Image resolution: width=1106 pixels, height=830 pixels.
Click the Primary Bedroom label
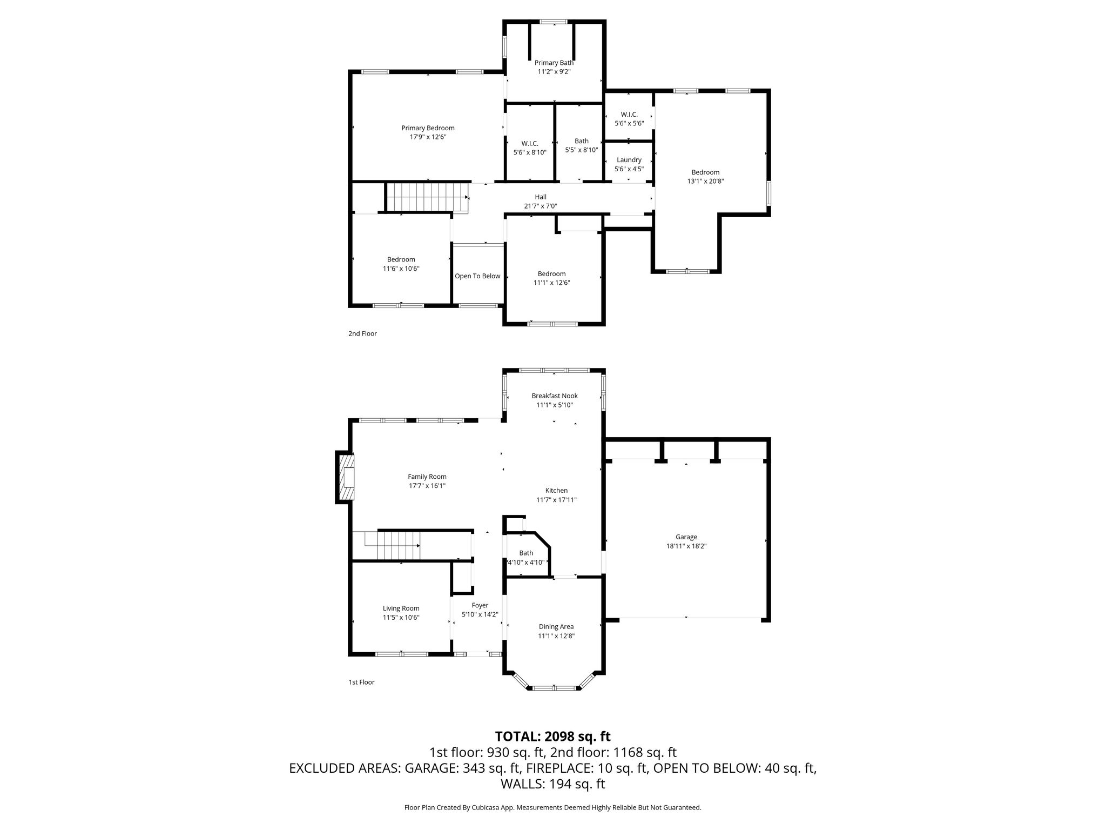428,128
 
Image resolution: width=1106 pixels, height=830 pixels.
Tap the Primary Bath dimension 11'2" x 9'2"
554,71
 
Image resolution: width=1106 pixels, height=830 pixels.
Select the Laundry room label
629,160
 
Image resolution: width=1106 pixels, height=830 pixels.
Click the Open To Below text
477,276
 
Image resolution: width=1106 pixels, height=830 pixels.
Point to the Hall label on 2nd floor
541,197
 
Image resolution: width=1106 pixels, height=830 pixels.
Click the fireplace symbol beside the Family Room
346,477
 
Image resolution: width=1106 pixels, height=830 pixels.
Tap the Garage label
686,537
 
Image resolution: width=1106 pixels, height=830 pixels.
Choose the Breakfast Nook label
555,396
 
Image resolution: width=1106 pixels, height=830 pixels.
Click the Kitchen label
556,491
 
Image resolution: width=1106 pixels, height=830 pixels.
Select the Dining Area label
556,627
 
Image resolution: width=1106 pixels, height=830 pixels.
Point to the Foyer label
480,606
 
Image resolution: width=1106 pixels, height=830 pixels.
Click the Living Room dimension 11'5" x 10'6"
401,618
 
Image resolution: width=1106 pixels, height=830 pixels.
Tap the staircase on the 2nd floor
427,197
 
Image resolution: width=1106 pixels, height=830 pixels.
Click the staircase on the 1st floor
392,546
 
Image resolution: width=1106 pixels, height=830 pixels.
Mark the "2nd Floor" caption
362,333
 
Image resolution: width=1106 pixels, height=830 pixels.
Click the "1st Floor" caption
361,682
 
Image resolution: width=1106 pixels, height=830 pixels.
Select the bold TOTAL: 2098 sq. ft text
553,737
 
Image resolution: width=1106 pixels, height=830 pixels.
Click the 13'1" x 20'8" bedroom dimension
705,182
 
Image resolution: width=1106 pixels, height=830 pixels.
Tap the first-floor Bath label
526,553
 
